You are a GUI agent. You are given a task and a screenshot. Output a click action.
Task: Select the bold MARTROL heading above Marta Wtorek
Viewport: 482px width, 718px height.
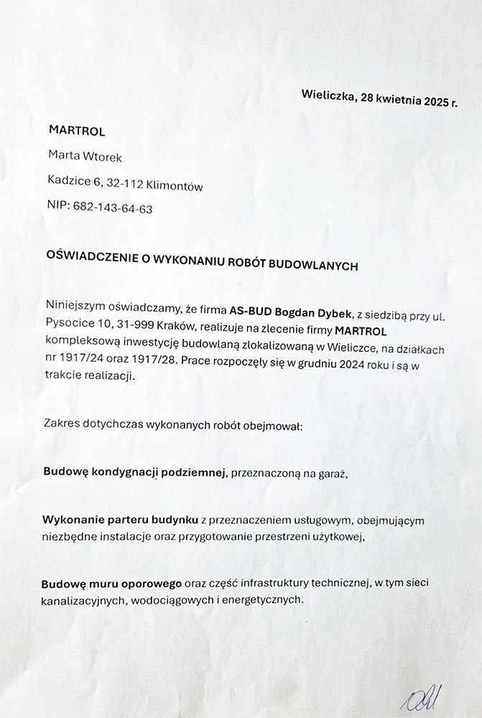[77, 131]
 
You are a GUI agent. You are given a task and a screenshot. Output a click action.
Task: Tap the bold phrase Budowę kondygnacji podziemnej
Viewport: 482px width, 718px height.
[135, 472]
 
